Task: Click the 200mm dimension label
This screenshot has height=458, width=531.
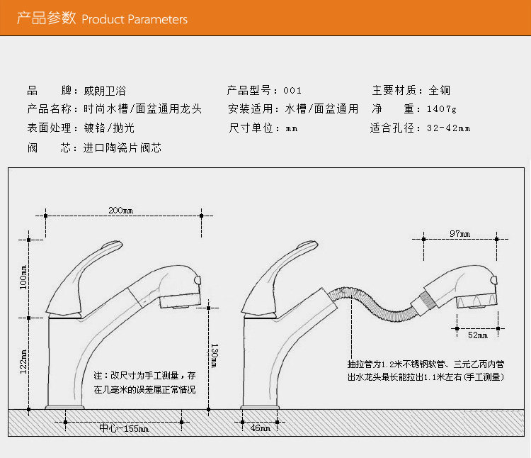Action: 120,211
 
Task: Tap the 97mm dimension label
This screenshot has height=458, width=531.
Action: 460,233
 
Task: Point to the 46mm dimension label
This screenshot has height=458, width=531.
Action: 260,428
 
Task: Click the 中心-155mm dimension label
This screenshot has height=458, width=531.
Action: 124,428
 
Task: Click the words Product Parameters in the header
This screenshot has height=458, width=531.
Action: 135,19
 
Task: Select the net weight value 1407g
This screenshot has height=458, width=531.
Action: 442,109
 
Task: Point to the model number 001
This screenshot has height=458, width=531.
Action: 292,90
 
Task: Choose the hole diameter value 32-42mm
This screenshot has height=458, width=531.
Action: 449,128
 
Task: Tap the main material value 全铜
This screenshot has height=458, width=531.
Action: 439,90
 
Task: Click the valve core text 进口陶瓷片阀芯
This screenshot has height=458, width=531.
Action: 122,148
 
